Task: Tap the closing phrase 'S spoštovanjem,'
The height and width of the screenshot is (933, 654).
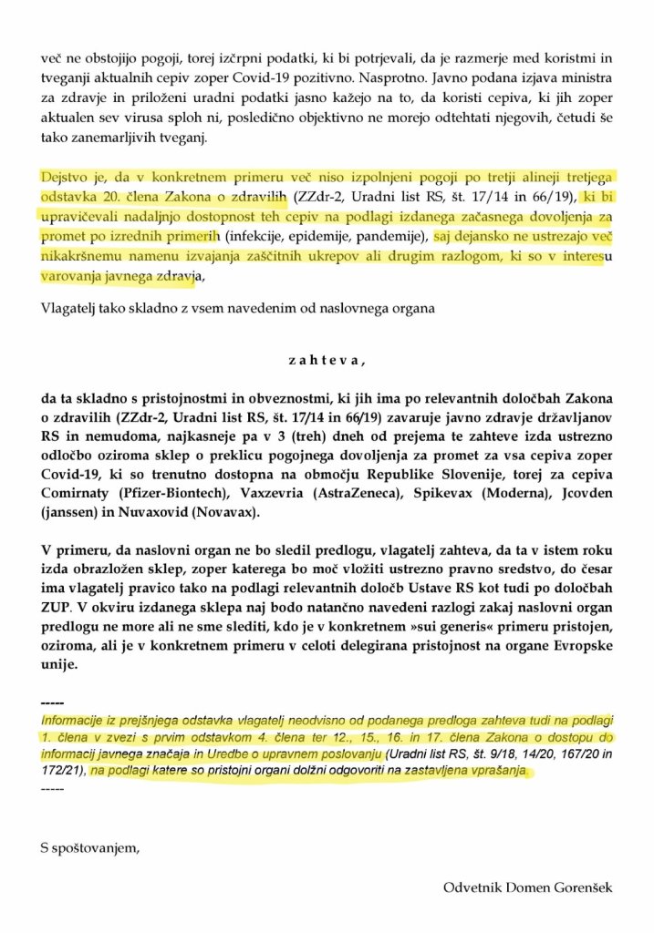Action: click(x=89, y=849)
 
